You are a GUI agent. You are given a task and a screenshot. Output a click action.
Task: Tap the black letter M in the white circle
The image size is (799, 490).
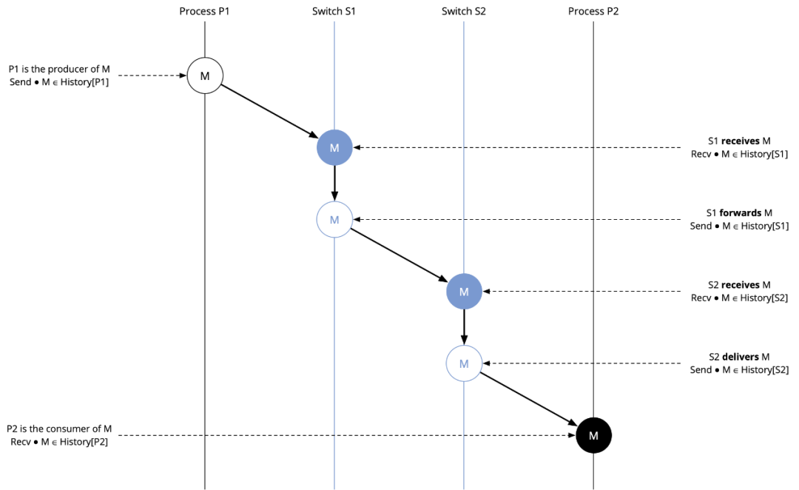pos(205,76)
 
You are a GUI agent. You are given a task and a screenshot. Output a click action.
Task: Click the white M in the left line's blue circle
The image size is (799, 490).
pos(334,148)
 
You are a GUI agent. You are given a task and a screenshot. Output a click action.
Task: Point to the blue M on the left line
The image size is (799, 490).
pos(334,220)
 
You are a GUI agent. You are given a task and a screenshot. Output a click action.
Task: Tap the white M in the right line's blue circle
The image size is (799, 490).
pos(464,292)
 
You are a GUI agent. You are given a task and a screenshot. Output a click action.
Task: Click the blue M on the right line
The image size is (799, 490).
pos(464,364)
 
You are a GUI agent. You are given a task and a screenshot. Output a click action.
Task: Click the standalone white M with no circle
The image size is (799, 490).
pos(593,436)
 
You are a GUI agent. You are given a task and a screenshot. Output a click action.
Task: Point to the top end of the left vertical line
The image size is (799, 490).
pos(334,21)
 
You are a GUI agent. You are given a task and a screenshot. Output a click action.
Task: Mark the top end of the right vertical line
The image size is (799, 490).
pos(464,21)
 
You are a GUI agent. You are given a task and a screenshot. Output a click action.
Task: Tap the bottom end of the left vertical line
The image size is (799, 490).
pos(334,489)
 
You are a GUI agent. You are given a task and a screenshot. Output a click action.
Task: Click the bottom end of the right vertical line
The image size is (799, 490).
pos(464,489)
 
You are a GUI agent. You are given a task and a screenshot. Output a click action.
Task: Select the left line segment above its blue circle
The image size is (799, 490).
pos(334,74)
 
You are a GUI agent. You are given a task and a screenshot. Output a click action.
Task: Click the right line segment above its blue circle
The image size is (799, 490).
pos(464,148)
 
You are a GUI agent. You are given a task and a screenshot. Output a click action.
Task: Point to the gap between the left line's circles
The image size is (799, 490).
pos(334,184)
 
